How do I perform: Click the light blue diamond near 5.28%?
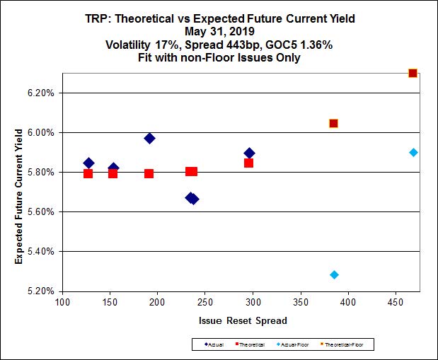coord(334,274)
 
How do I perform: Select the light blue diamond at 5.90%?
coord(413,152)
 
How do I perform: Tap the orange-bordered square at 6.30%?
coord(413,73)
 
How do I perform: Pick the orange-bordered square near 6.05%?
coord(333,123)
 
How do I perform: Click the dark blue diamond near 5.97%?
coord(149,138)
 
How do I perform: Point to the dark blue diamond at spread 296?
coord(249,153)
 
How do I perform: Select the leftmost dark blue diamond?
coord(88,163)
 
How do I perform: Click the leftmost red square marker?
coord(88,173)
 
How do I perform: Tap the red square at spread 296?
coord(248,163)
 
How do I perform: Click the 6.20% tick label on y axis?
coord(44,93)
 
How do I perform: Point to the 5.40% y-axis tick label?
coord(44,251)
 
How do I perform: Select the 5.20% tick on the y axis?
coord(44,291)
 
